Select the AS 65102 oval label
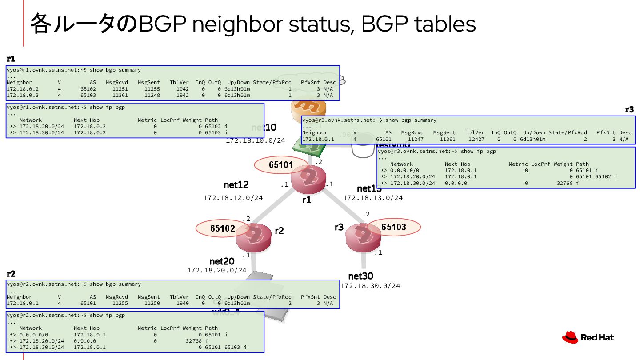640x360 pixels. point(222,228)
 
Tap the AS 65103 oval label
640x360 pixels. point(394,227)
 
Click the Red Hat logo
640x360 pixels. point(588,338)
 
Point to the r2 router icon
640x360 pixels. point(254,238)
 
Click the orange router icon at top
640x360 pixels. point(308,109)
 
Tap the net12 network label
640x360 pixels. point(236,185)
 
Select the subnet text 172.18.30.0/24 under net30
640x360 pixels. point(370,286)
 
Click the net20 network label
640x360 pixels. point(222,261)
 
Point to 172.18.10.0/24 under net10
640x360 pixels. point(256,140)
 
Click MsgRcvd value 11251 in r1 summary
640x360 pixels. point(120,89)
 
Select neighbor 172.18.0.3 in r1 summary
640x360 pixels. point(23,95)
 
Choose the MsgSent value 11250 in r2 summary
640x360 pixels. point(152,304)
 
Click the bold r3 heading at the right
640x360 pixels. point(629,110)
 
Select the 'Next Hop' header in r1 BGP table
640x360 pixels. point(87,120)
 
